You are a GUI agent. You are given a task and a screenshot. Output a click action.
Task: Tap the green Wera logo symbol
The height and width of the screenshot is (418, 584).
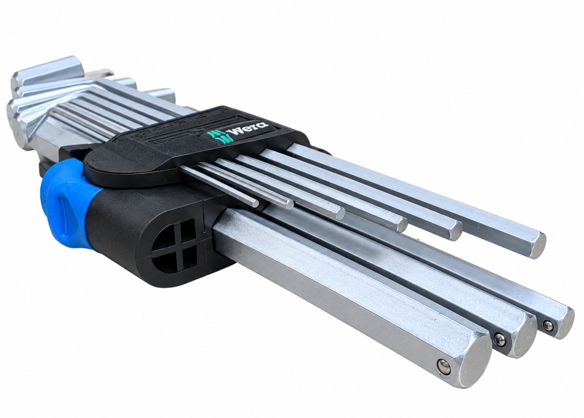220,136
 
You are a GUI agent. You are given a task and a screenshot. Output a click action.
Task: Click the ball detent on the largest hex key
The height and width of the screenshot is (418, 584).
444,365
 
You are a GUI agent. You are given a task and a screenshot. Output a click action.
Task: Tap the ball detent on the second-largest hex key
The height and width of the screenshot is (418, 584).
499,339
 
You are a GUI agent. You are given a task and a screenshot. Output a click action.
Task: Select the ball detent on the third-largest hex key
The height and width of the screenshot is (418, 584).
547,325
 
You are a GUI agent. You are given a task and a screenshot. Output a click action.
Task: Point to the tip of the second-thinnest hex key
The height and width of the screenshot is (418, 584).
290,204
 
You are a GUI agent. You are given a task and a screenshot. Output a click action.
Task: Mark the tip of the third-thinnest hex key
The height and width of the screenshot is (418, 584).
339,213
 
